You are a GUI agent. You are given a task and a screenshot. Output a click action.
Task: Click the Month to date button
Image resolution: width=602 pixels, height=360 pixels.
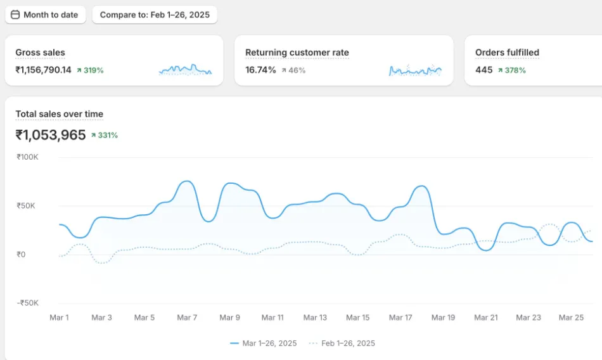[45, 15]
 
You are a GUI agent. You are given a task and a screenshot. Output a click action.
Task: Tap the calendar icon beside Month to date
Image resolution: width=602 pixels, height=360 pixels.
[15, 15]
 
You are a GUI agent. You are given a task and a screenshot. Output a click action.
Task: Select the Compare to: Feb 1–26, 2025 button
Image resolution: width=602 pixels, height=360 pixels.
[155, 15]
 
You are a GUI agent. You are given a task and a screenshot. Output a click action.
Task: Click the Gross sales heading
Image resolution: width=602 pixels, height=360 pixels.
[40, 53]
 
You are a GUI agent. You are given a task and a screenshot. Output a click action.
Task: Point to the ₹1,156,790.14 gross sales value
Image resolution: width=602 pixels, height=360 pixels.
[43, 70]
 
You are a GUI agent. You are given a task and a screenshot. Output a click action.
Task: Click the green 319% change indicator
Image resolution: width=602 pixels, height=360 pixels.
[90, 70]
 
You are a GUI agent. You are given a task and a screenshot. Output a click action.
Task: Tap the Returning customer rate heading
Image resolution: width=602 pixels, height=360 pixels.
[297, 53]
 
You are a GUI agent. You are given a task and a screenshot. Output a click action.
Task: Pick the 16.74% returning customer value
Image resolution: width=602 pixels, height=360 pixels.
[260, 70]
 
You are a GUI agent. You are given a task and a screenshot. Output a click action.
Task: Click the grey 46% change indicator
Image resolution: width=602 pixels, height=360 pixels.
[293, 70]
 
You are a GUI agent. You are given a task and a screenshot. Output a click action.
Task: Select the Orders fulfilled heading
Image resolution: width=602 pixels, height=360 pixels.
[507, 53]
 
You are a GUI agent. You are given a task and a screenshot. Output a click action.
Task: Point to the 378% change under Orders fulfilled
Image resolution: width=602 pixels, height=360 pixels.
[512, 70]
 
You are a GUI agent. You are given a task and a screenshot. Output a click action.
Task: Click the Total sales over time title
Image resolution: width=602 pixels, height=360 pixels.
[59, 114]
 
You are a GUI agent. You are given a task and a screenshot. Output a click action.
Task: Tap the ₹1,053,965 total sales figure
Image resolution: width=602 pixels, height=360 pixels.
[50, 134]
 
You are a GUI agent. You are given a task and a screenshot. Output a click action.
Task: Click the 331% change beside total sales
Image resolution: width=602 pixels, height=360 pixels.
[105, 135]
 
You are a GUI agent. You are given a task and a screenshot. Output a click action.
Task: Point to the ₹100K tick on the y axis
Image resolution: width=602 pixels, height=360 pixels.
[28, 157]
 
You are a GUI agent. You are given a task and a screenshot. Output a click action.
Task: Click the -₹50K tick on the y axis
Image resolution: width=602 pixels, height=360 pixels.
[28, 303]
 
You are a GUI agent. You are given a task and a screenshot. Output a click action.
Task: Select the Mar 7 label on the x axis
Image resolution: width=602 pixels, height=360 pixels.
[187, 318]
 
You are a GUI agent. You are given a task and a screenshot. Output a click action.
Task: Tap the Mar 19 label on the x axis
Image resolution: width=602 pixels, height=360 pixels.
[443, 318]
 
